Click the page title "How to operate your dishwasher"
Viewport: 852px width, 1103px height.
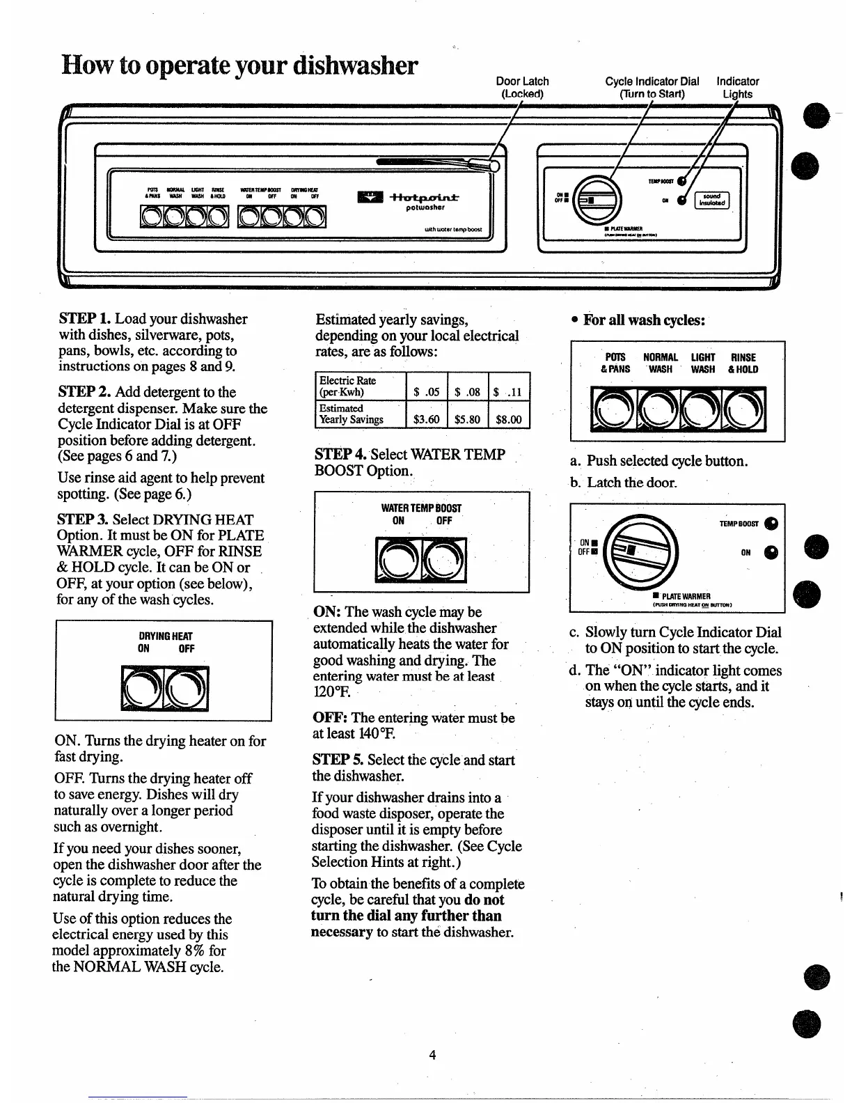click(x=239, y=66)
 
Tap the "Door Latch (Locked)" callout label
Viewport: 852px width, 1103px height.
click(x=522, y=88)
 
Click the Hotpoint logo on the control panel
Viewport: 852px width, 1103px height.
click(x=407, y=200)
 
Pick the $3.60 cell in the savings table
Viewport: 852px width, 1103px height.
click(x=426, y=420)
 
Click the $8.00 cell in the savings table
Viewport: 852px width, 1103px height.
click(x=509, y=420)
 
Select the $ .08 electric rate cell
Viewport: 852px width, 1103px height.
click(x=468, y=392)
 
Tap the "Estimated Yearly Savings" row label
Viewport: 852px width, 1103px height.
click(x=352, y=414)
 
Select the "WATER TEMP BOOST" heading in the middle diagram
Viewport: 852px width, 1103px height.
click(x=421, y=508)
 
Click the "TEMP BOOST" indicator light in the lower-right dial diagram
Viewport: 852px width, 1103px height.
click(x=771, y=524)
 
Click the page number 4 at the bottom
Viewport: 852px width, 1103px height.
click(x=432, y=1055)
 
